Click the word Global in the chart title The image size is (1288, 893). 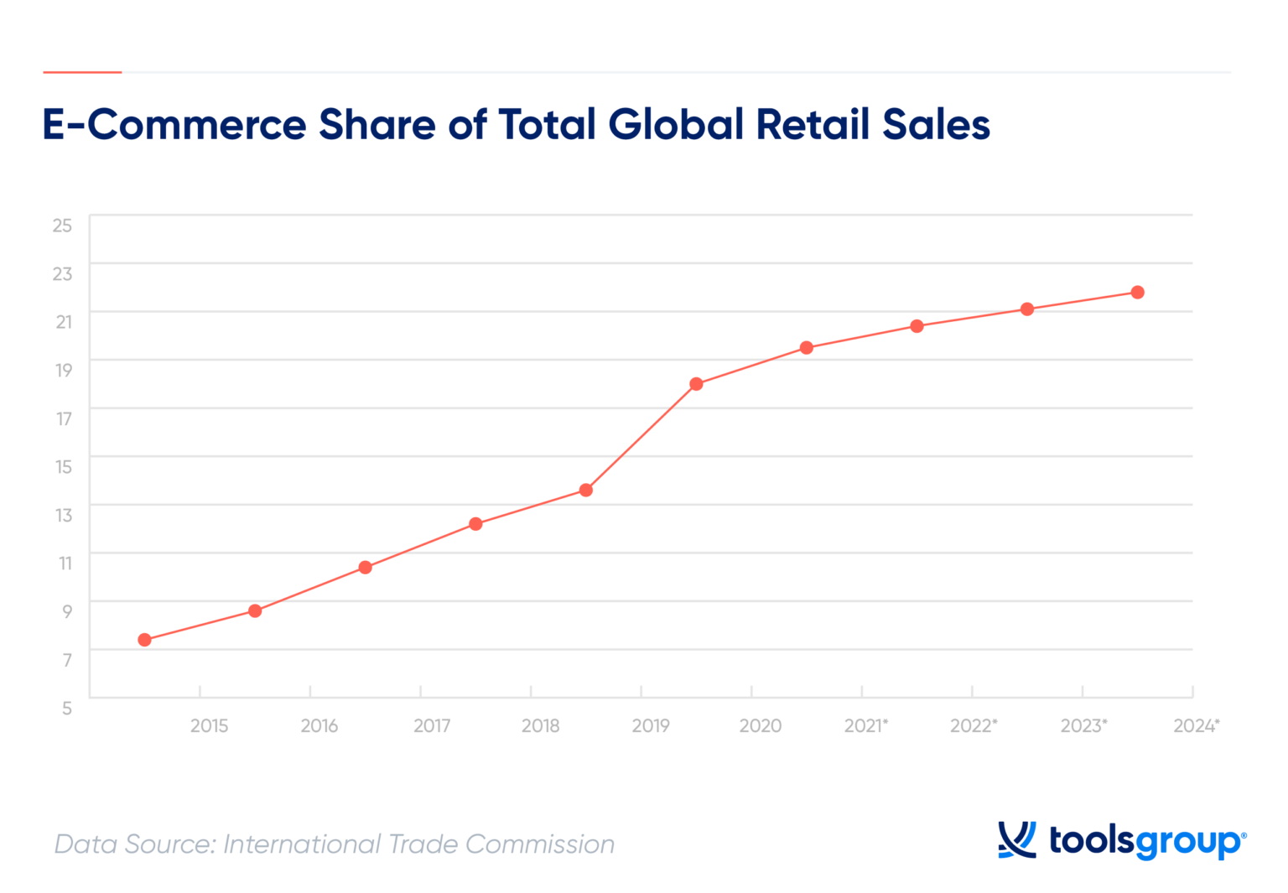[676, 125]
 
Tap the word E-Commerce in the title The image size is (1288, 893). [174, 125]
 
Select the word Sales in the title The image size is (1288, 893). [936, 125]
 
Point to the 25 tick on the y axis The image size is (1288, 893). [62, 225]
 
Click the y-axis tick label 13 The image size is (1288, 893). [64, 515]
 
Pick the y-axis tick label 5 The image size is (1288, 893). [67, 708]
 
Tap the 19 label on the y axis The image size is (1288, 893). [64, 370]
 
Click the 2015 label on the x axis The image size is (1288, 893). [209, 726]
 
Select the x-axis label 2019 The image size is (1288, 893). [651, 726]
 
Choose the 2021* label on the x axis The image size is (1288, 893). [865, 726]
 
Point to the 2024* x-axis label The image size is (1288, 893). [1196, 726]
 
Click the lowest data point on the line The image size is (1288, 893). [144, 640]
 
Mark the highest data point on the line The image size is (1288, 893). [1137, 293]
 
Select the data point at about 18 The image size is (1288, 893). [696, 384]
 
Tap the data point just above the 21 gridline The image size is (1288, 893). [1026, 309]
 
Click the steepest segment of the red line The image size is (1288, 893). [641, 437]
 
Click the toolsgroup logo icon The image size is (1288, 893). [1016, 839]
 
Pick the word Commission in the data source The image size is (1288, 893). [539, 844]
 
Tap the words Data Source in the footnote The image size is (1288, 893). [135, 844]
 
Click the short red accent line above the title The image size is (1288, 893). [82, 73]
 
